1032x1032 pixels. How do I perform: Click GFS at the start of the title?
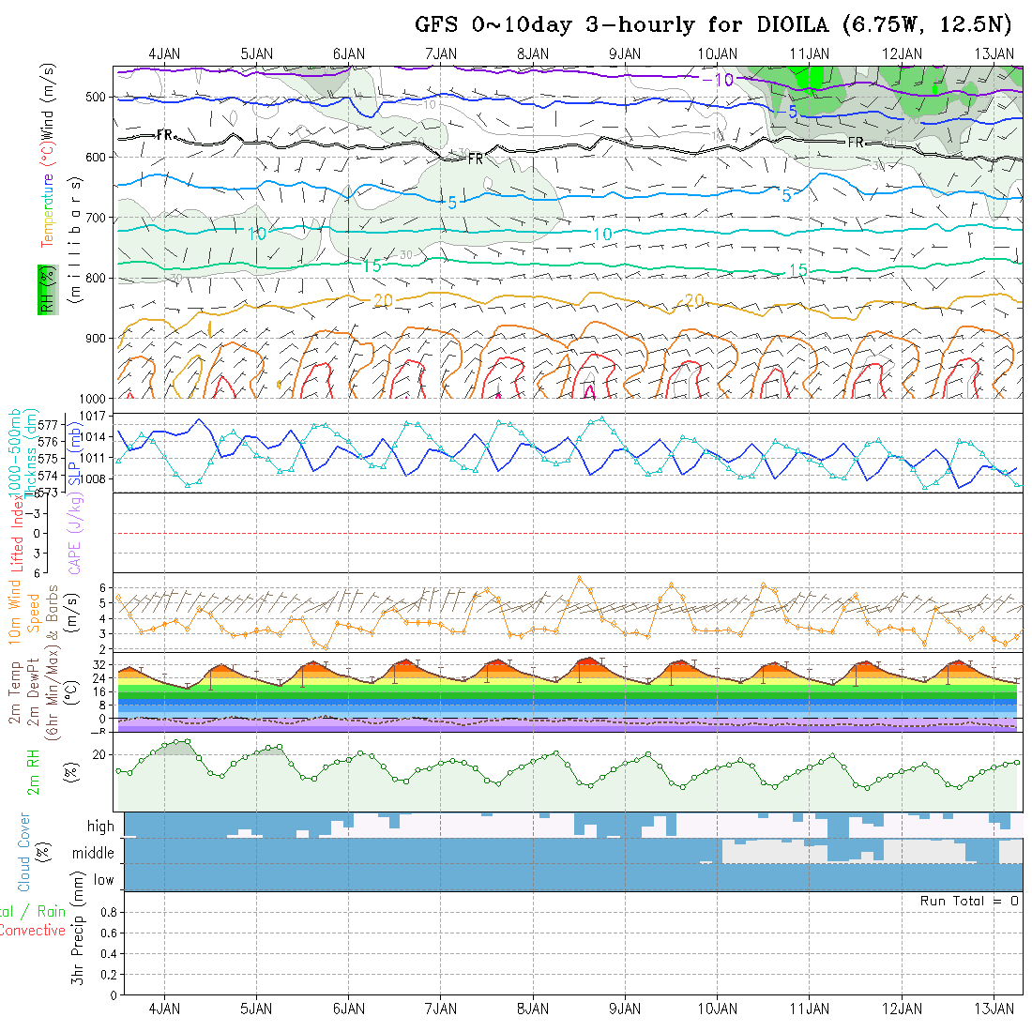(x=436, y=25)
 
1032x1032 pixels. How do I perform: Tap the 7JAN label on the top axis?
(x=440, y=54)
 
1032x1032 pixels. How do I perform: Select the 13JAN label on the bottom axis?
(x=994, y=1009)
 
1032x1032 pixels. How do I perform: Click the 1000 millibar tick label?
(x=94, y=398)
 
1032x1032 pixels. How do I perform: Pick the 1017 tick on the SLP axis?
(x=98, y=415)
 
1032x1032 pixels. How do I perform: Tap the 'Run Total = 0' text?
(x=969, y=901)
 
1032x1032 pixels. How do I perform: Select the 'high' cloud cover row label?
(x=100, y=827)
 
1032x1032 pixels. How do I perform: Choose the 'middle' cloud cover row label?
(x=93, y=854)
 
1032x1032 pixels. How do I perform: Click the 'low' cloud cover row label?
(x=103, y=880)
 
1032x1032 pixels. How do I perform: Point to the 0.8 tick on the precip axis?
(x=107, y=912)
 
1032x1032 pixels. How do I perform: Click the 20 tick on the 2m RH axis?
(x=103, y=754)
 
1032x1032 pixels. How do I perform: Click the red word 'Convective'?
(x=32, y=931)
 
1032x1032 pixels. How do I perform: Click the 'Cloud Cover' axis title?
(x=23, y=852)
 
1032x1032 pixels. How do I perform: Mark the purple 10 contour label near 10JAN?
(x=723, y=81)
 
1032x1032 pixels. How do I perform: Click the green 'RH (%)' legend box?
(x=44, y=290)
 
